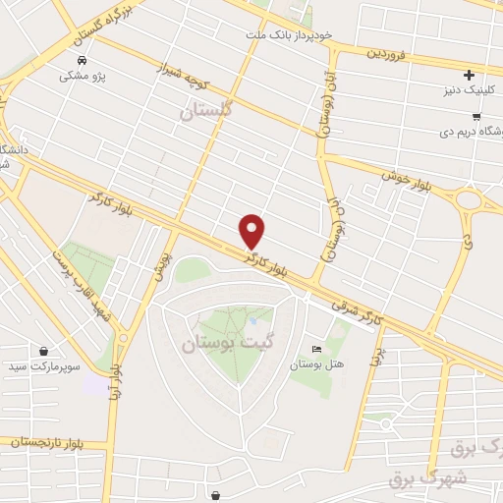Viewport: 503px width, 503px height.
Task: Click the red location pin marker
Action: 252,231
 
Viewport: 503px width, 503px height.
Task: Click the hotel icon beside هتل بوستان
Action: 315,349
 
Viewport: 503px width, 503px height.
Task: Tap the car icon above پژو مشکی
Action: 78,59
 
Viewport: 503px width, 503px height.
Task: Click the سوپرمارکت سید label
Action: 43,365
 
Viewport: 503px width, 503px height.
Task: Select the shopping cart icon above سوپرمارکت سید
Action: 43,350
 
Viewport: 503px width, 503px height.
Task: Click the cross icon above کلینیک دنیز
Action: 469,75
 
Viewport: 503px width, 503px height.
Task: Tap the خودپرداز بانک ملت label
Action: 290,34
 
